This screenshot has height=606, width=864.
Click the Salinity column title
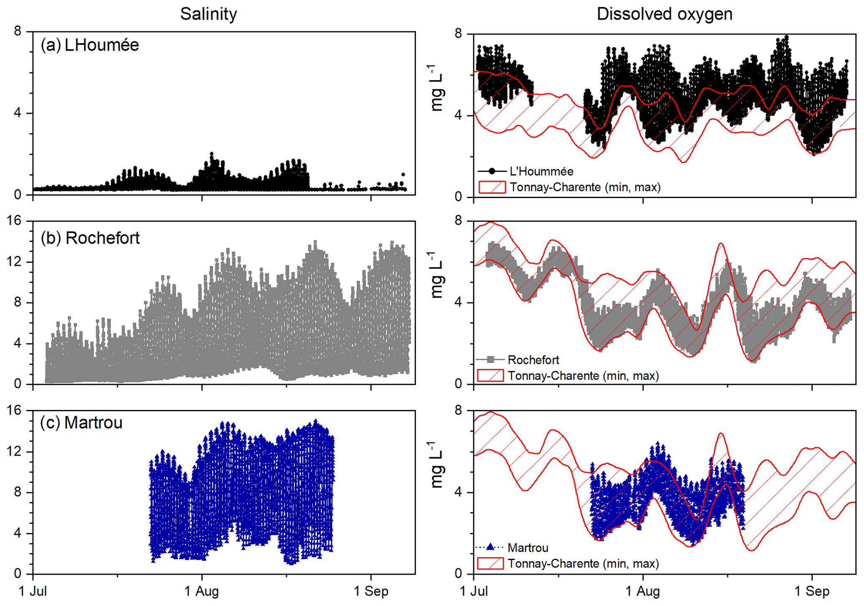[x=208, y=14]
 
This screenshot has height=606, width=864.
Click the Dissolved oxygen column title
[x=664, y=14]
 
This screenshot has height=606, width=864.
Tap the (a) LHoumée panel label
[x=89, y=45]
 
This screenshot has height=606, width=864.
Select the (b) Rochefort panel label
[x=90, y=238]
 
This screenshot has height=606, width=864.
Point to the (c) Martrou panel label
[x=81, y=423]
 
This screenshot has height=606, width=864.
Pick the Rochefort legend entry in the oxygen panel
[x=533, y=360]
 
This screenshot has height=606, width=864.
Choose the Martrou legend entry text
[x=528, y=547]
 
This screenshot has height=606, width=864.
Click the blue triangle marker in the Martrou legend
[x=491, y=547]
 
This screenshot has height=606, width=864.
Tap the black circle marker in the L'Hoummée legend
[x=492, y=171]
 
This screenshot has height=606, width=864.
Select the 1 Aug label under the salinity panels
[x=201, y=591]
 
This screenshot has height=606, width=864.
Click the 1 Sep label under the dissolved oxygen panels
[x=812, y=591]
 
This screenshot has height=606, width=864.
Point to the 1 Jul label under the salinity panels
[x=33, y=591]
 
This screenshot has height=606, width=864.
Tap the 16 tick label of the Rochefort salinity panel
[x=14, y=221]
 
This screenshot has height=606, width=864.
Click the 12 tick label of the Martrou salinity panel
[x=14, y=452]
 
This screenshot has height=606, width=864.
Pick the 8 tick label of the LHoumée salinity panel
[x=18, y=31]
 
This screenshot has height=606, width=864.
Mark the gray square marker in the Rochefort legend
[x=491, y=359]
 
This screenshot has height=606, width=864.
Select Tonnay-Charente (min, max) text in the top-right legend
[x=585, y=187]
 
